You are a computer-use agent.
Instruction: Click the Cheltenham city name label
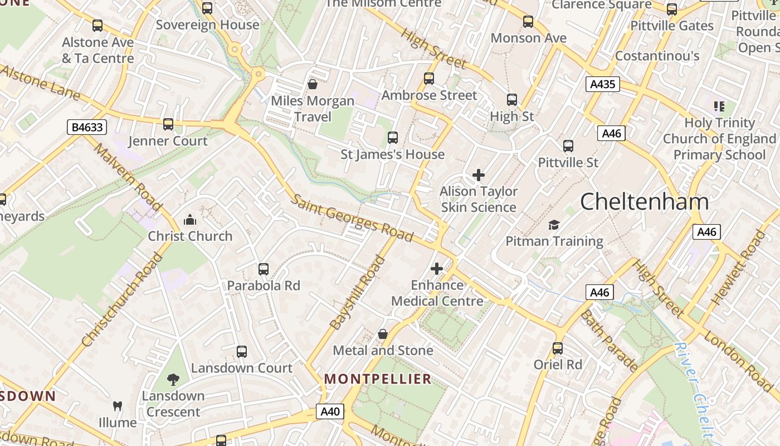click(645, 202)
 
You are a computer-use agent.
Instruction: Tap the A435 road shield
click(603, 84)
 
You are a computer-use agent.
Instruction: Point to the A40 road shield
click(330, 412)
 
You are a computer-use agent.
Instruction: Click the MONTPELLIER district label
click(378, 379)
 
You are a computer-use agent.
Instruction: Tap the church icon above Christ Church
click(190, 220)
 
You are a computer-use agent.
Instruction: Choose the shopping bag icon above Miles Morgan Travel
click(313, 84)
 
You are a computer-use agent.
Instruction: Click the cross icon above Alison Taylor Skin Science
click(478, 175)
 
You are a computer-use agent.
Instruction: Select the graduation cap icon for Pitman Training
click(554, 225)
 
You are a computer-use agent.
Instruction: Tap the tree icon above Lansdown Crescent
click(173, 380)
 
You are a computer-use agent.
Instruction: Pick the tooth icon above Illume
click(118, 406)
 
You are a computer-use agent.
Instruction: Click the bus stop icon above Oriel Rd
click(558, 348)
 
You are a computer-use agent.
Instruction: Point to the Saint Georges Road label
click(352, 218)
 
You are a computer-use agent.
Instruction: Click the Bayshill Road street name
click(358, 293)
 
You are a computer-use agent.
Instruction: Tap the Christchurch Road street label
click(121, 300)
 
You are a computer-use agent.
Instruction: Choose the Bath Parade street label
click(609, 341)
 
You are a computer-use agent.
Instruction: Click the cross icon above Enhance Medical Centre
click(437, 269)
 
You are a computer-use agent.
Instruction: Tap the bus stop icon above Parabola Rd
click(264, 269)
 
